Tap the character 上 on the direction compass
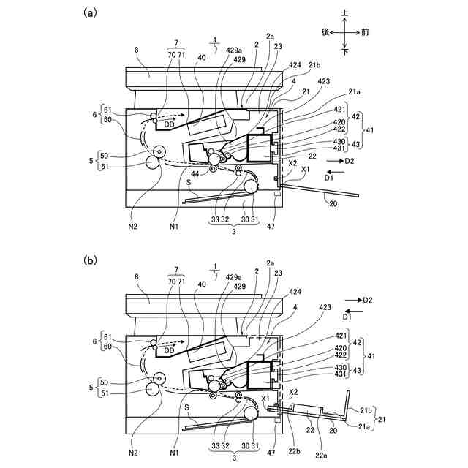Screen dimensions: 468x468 [345, 12]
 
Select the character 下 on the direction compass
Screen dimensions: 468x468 [345, 53]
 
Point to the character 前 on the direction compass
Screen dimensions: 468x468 [365, 32]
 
